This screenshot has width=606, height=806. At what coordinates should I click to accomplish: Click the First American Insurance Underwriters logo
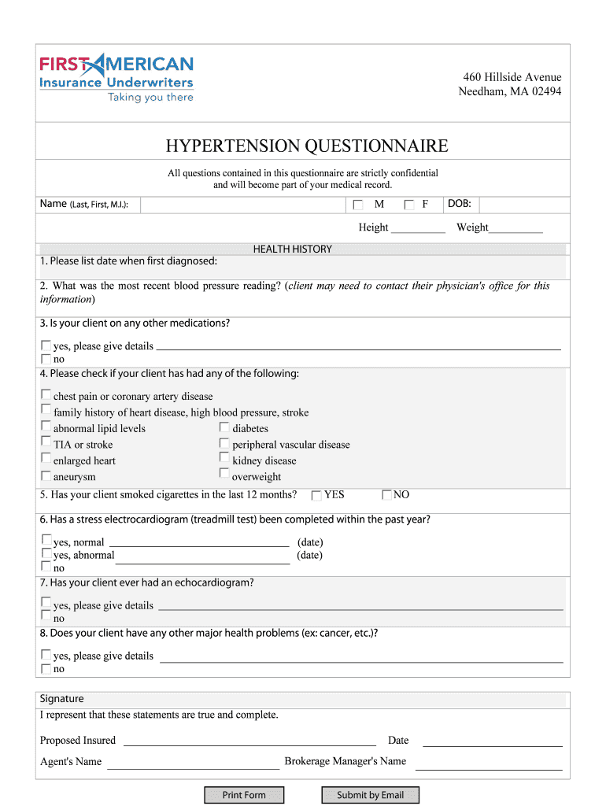(116, 77)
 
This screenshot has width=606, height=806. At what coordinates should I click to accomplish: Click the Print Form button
(244, 795)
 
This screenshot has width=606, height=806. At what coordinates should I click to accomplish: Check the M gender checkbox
(358, 205)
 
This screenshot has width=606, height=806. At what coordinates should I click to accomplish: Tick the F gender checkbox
(409, 205)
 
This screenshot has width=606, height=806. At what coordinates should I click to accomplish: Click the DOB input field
(523, 205)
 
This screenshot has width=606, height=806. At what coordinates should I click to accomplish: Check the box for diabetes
(224, 427)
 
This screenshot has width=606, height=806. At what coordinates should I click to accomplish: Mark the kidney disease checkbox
(224, 459)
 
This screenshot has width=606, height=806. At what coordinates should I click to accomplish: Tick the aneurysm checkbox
(46, 476)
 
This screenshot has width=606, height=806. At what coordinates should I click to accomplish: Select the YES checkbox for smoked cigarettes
(316, 495)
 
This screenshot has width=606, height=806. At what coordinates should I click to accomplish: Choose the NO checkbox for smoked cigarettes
(386, 495)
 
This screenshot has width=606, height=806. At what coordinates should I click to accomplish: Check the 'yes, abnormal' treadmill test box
(46, 554)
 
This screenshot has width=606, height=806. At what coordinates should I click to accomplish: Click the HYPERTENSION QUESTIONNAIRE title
(306, 146)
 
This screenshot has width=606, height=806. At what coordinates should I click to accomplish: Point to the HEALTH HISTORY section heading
(292, 249)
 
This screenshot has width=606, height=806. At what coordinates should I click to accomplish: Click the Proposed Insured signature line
(249, 740)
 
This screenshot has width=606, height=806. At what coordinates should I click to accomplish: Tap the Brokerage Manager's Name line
(488, 764)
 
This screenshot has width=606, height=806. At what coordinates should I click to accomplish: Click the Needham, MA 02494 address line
(510, 91)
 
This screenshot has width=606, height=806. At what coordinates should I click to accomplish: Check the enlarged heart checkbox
(46, 460)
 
